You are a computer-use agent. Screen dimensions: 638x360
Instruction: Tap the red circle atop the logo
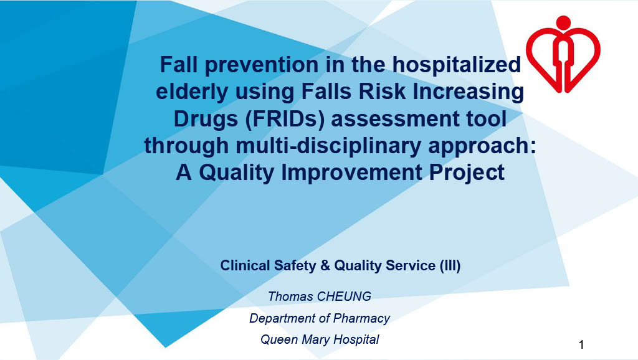(x=563, y=22)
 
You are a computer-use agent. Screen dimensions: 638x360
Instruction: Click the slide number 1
(x=581, y=345)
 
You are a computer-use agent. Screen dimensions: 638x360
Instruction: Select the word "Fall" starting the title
(x=178, y=64)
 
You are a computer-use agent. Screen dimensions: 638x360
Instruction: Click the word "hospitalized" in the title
(x=456, y=65)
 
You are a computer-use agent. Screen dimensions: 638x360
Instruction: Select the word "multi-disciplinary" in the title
(x=328, y=146)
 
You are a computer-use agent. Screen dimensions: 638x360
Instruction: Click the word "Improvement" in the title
(x=352, y=173)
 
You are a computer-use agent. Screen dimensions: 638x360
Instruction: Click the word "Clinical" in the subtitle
(x=245, y=265)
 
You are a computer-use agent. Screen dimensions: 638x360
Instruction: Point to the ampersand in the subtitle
(x=325, y=265)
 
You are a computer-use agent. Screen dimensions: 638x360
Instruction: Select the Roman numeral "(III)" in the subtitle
(x=450, y=265)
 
